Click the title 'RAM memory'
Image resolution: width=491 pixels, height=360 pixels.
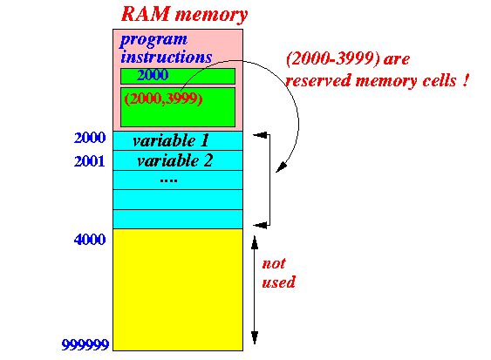184,15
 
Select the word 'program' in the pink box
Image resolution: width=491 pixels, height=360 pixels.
153,40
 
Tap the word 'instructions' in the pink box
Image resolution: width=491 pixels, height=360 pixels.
167,57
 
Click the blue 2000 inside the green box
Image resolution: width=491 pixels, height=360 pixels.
153,75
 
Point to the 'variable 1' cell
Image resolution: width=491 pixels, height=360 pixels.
178,141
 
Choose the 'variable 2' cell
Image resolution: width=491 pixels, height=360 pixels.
178,160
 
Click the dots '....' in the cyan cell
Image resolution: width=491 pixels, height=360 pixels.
168,180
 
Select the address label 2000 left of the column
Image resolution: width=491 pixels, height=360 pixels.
90,138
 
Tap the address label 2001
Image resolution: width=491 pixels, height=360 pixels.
90,161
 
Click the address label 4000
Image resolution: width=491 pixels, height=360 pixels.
90,240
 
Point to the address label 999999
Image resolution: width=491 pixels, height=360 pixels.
85,344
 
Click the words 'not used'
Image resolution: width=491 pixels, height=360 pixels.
278,273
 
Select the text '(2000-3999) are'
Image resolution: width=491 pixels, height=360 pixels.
348,58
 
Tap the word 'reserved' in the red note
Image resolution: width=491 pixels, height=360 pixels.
318,81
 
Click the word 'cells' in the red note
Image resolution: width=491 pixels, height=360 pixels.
440,80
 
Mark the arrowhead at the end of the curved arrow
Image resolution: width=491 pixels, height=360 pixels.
281,167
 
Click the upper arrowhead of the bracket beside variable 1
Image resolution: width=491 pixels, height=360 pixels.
260,135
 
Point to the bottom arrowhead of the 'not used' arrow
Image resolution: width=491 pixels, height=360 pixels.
255,337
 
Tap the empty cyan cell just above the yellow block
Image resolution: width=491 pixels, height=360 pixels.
178,219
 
